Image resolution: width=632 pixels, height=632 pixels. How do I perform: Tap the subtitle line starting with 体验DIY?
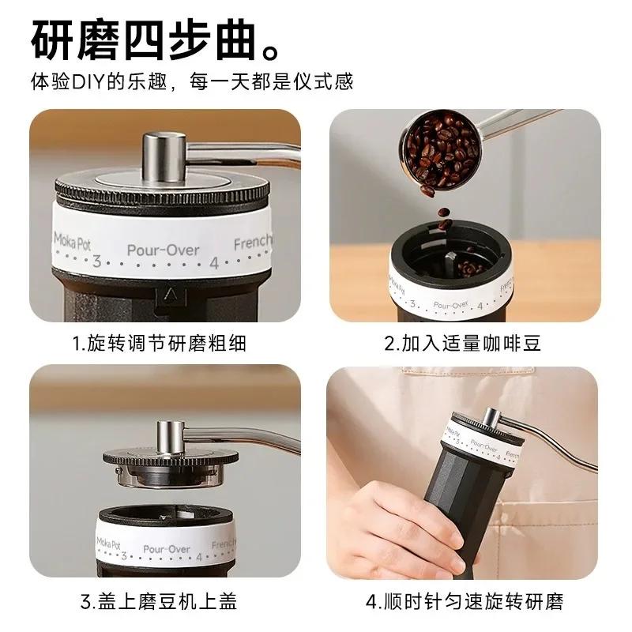point(191,81)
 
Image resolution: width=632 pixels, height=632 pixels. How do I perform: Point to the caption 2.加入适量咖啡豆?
point(474,344)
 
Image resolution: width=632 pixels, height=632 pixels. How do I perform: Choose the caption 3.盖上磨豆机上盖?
point(159,603)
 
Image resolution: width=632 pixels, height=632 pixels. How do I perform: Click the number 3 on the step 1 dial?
point(96,262)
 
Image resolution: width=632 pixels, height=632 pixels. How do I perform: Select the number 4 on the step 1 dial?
point(213,264)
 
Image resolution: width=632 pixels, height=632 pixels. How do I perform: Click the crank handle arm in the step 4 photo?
point(553,442)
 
